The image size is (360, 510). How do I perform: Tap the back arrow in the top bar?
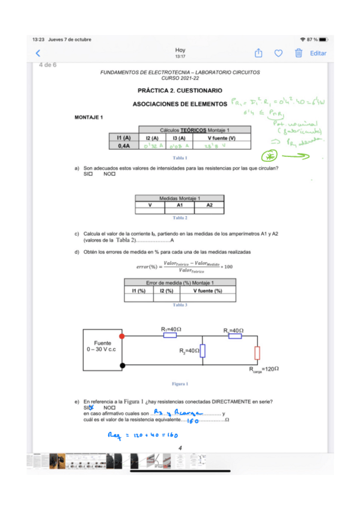38,53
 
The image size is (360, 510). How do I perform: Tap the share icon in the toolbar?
258,53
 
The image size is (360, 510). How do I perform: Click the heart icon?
278,53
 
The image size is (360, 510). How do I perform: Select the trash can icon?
298,53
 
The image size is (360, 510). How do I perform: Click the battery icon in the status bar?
323,39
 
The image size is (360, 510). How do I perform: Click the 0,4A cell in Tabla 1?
124,145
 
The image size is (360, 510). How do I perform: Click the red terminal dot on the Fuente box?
122,336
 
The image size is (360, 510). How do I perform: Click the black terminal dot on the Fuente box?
122,365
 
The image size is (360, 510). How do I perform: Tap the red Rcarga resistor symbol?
257,352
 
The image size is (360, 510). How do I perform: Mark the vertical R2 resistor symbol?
203,351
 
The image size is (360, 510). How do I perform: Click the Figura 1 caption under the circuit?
180,384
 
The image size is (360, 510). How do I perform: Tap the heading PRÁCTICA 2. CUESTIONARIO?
180,91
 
